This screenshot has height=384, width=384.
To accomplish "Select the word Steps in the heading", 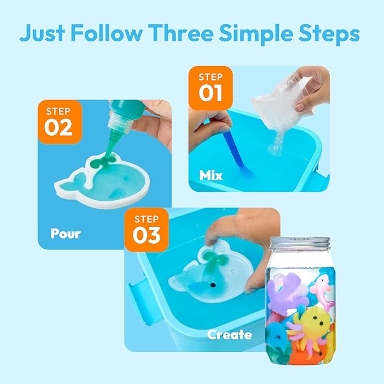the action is [x=329, y=34].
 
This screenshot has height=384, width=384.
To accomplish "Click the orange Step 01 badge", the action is [x=210, y=88].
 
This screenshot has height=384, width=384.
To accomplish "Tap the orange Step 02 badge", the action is [x=60, y=122].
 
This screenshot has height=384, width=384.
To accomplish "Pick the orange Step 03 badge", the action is [x=146, y=230].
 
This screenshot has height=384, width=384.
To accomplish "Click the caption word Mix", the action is [x=211, y=175].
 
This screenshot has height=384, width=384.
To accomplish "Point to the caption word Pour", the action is [x=66, y=234].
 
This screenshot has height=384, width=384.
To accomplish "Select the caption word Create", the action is [x=230, y=335].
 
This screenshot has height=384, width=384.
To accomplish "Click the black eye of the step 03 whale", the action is [x=214, y=285].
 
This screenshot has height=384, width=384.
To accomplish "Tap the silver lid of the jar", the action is [x=300, y=243].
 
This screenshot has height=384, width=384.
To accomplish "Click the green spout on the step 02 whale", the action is [x=103, y=162].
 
